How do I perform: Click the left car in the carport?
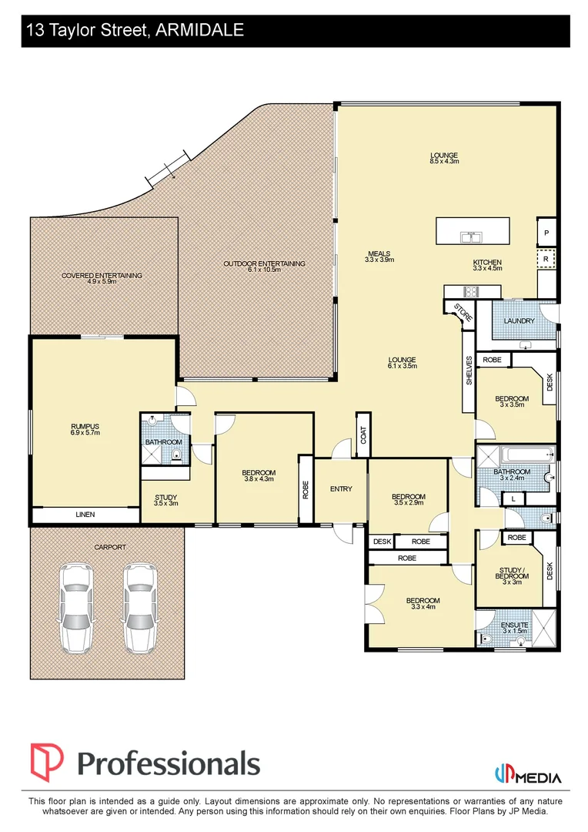tap(76, 609)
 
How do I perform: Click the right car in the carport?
tap(142, 609)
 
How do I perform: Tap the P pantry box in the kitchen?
tap(546, 233)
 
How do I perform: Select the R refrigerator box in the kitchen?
tap(546, 259)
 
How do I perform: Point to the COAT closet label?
tap(363, 435)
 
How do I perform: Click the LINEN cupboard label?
tap(85, 514)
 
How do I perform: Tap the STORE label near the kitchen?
tap(463, 312)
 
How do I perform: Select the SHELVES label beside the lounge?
tap(469, 371)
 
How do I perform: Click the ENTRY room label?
tap(341, 488)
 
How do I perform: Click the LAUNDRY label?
tap(519, 321)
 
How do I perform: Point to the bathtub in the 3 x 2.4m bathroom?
tap(528, 455)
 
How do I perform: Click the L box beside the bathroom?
tap(513, 498)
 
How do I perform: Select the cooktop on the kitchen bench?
tap(471, 291)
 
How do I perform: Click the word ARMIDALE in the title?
tap(200, 30)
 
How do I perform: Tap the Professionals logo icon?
tap(47, 763)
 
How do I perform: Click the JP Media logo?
tap(527, 775)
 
